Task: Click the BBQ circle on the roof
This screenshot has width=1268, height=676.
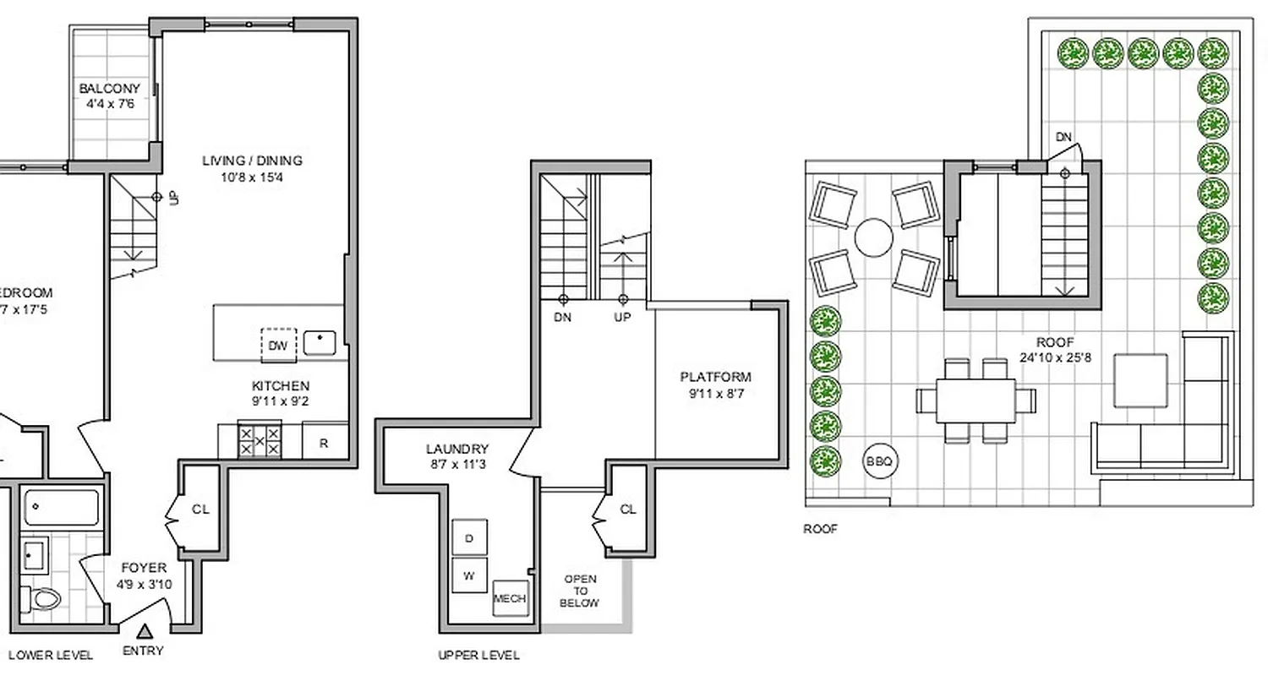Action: [x=879, y=461]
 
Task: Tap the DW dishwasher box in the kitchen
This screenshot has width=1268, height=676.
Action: [x=278, y=345]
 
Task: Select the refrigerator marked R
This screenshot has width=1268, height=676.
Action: [x=324, y=443]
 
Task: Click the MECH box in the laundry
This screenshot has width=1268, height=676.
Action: [x=509, y=598]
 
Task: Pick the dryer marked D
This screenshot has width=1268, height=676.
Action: [x=469, y=537]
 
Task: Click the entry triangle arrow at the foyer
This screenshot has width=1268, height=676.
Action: [x=145, y=630]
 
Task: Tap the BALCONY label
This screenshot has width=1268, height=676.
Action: [x=109, y=89]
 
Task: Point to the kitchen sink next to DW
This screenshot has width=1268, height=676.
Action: [x=320, y=342]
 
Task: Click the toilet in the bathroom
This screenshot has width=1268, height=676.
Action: [x=43, y=599]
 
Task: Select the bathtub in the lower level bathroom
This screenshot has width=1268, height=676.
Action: [x=61, y=507]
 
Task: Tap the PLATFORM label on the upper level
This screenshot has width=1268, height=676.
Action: [x=715, y=377]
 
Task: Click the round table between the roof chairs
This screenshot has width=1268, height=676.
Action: [x=873, y=237]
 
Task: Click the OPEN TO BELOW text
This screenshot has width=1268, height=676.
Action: [x=580, y=591]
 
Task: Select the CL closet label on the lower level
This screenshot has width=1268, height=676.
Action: [x=200, y=510]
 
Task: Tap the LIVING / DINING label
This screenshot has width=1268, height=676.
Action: [x=252, y=161]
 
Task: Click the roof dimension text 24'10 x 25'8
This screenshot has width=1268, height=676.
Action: [x=1056, y=357]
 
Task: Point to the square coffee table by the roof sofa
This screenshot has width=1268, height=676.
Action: [x=1140, y=380]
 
